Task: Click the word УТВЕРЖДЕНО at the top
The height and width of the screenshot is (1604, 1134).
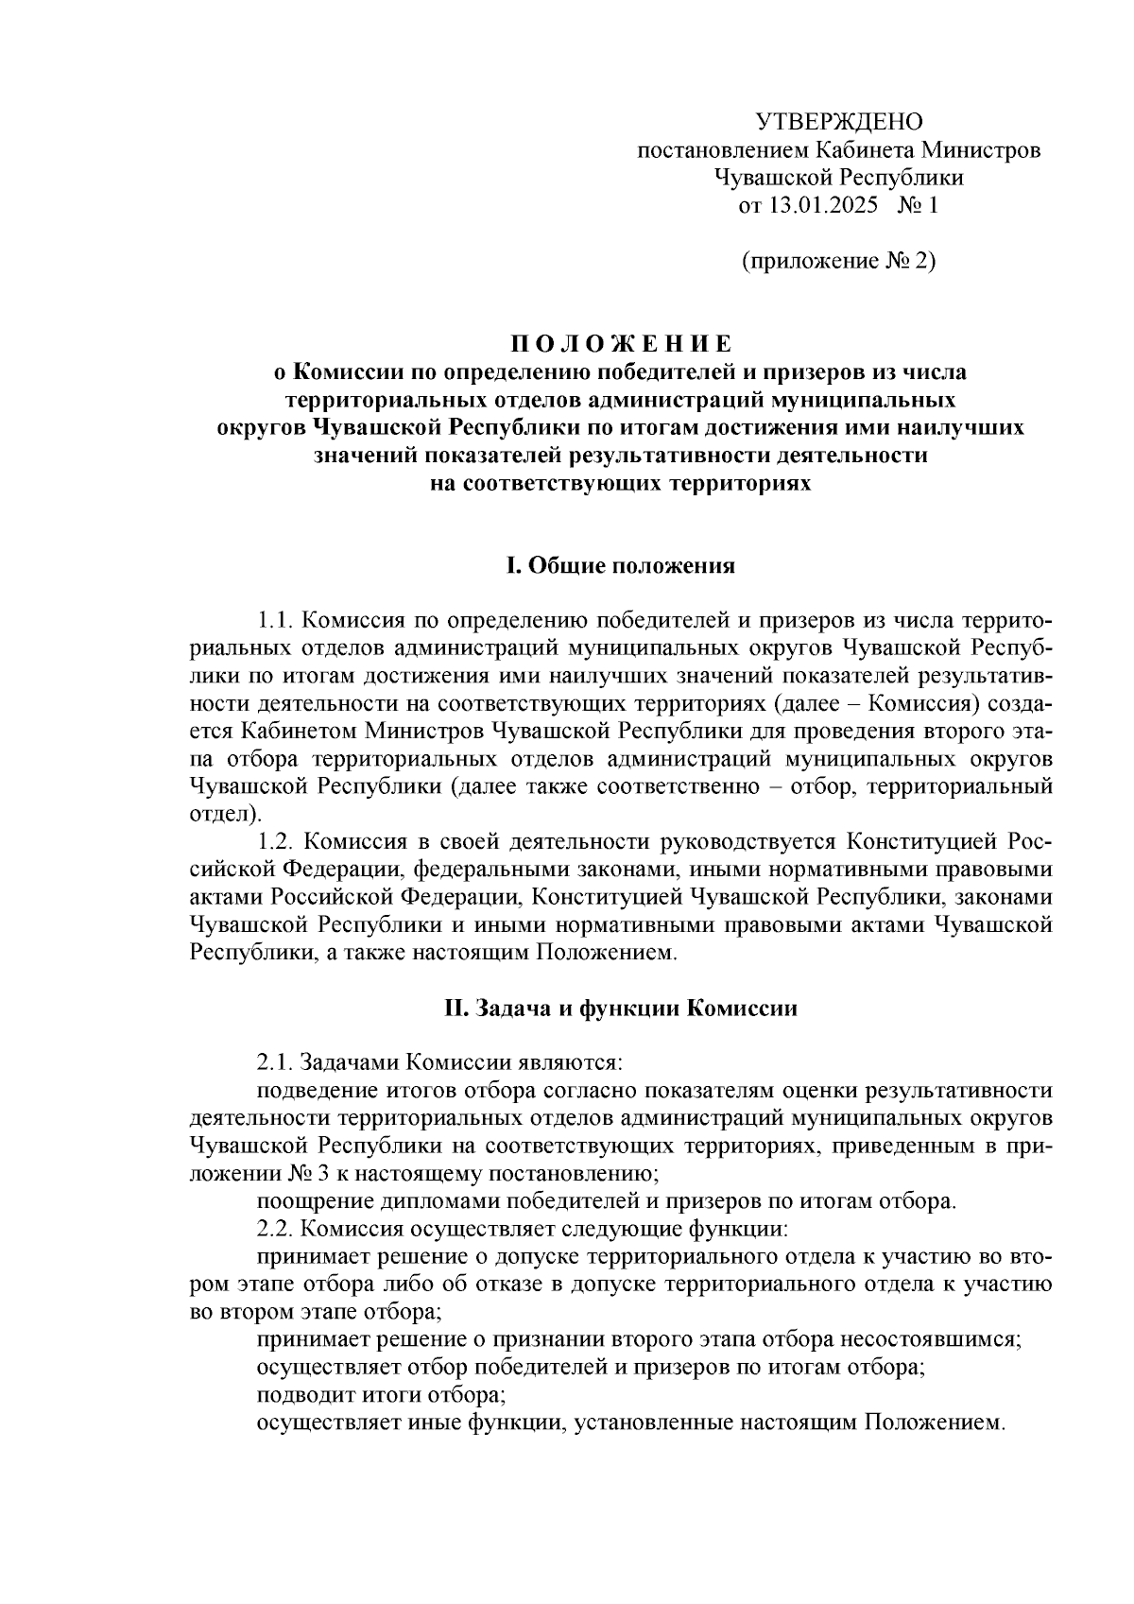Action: (x=838, y=122)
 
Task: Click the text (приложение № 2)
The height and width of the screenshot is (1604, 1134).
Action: (x=837, y=261)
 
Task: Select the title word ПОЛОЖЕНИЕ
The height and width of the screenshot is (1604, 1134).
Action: (x=621, y=342)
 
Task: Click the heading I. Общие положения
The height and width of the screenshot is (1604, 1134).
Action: (x=621, y=566)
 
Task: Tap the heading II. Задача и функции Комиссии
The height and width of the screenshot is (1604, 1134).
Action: (x=621, y=1009)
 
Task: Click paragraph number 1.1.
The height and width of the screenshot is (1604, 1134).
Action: (x=278, y=621)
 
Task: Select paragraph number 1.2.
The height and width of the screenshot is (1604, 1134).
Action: (x=278, y=841)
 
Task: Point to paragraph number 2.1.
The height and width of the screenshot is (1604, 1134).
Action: (x=278, y=1063)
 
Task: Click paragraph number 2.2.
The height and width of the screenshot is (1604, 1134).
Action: (x=278, y=1230)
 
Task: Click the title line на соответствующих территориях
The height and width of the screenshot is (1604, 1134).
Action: (x=621, y=483)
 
